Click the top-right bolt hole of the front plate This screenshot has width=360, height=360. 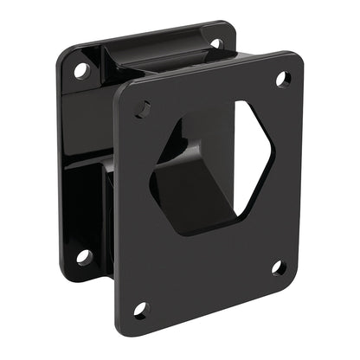(281, 80)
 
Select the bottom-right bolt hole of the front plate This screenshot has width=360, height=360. (279, 267)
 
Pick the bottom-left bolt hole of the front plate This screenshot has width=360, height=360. (141, 308)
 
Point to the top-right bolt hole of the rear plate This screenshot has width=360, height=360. (215, 42)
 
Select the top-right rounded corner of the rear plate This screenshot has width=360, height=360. (227, 30)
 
